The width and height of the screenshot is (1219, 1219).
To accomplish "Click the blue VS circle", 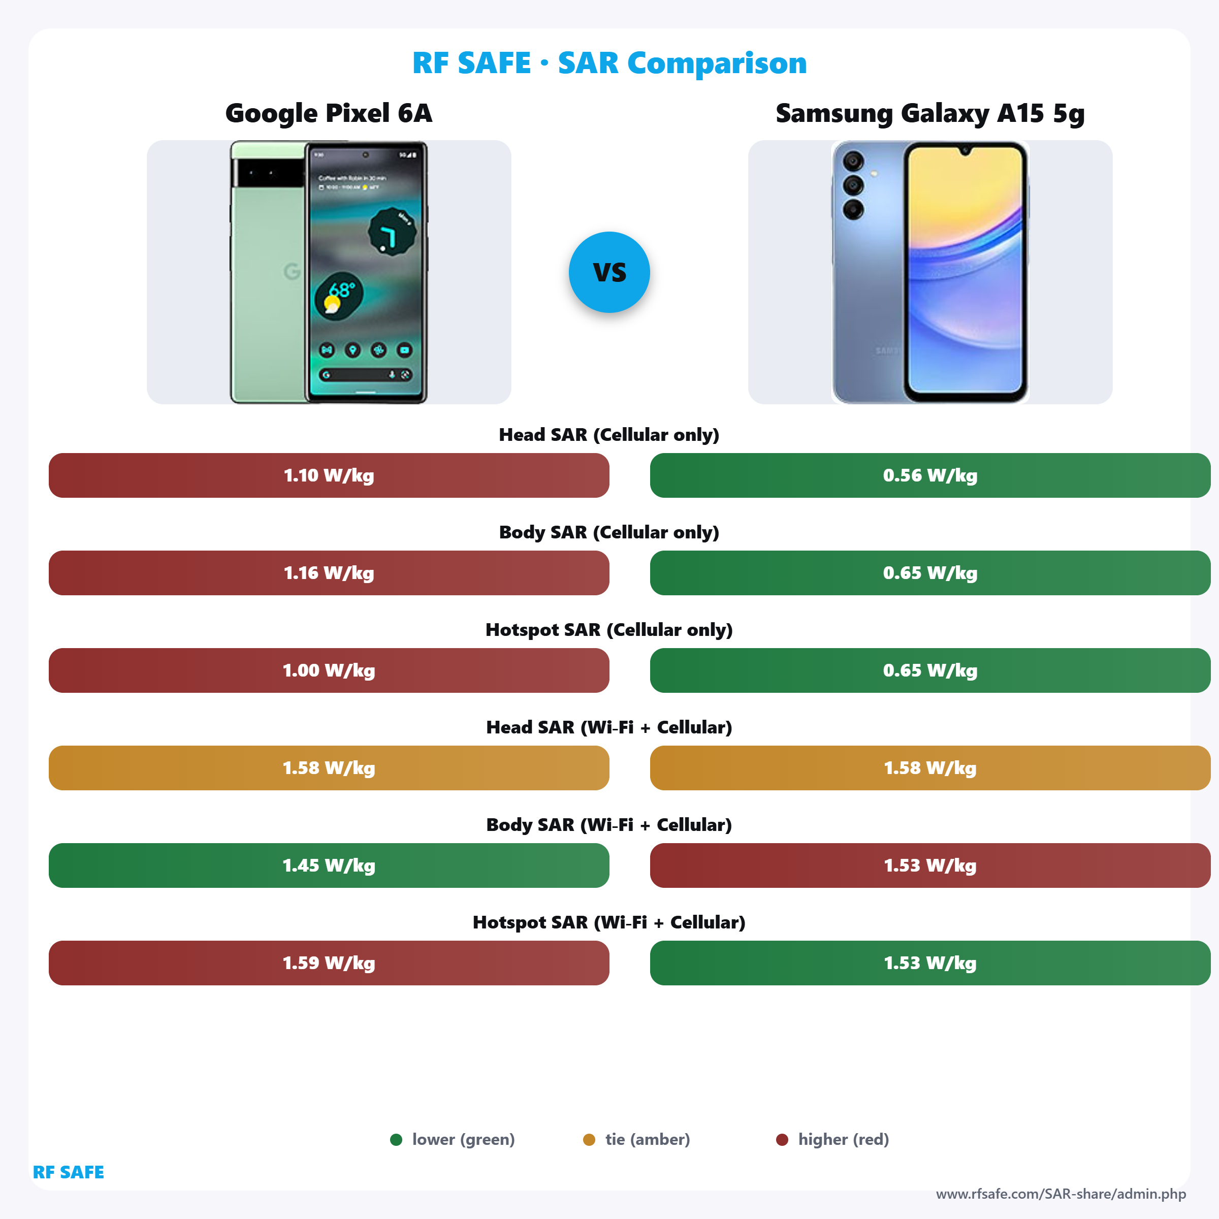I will [609, 272].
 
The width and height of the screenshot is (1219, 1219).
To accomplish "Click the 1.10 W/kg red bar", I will [329, 475].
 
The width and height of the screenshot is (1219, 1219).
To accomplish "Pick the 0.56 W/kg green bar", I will [929, 475].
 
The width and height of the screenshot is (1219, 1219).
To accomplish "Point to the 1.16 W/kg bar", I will [329, 573].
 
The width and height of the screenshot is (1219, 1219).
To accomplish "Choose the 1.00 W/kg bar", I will [329, 670].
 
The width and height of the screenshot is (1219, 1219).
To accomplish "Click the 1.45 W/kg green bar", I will [329, 865].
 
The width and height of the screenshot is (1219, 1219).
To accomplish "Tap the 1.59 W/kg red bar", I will [329, 963].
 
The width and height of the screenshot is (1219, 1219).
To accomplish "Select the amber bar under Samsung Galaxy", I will [929, 768].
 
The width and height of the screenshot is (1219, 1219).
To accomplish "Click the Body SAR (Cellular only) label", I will [609, 532].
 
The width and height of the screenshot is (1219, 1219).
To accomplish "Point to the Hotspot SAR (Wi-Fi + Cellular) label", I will [609, 922].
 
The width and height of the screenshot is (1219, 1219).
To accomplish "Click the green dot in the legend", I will [396, 1139].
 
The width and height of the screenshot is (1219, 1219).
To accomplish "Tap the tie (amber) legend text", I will [648, 1139].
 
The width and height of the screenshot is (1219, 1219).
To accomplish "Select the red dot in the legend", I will [782, 1139].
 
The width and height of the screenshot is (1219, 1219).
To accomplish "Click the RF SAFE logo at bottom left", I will [68, 1172].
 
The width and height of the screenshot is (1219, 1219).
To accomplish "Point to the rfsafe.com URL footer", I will [1061, 1194].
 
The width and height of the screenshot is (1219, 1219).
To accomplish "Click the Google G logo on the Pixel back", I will [292, 271].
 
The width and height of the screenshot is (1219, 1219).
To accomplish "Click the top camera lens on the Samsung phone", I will [853, 162].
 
